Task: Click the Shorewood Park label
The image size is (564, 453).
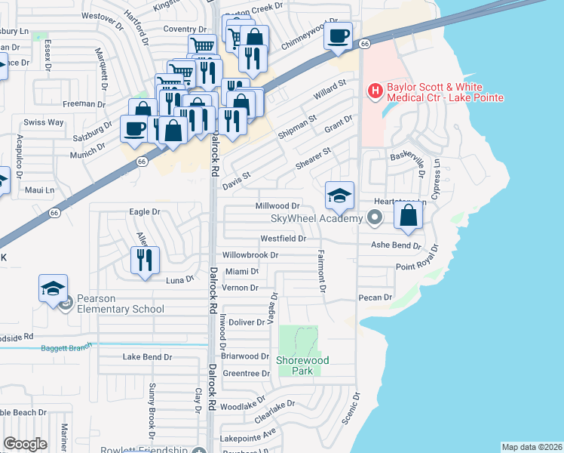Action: pos(299,365)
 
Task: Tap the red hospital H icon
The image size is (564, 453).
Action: pos(373,91)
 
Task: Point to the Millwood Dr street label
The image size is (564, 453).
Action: pos(278,205)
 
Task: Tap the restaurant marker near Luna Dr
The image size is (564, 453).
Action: pos(143,260)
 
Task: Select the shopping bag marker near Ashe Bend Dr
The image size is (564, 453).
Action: pos(408,214)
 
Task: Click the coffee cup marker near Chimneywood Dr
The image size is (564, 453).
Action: pos(339,35)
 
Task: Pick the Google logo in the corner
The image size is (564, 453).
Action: pos(25,444)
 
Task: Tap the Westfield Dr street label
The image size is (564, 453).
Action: pos(283,239)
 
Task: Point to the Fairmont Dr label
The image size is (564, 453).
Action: pos(322,272)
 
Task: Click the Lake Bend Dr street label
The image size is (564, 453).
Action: pos(148,356)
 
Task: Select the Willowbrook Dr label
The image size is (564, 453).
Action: pos(250,255)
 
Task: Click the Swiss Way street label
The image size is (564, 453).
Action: pos(44,122)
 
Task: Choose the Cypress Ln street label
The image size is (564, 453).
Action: pos(436,184)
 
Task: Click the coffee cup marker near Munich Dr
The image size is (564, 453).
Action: pos(136,128)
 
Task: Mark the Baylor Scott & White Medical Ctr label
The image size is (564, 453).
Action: pos(445,92)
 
